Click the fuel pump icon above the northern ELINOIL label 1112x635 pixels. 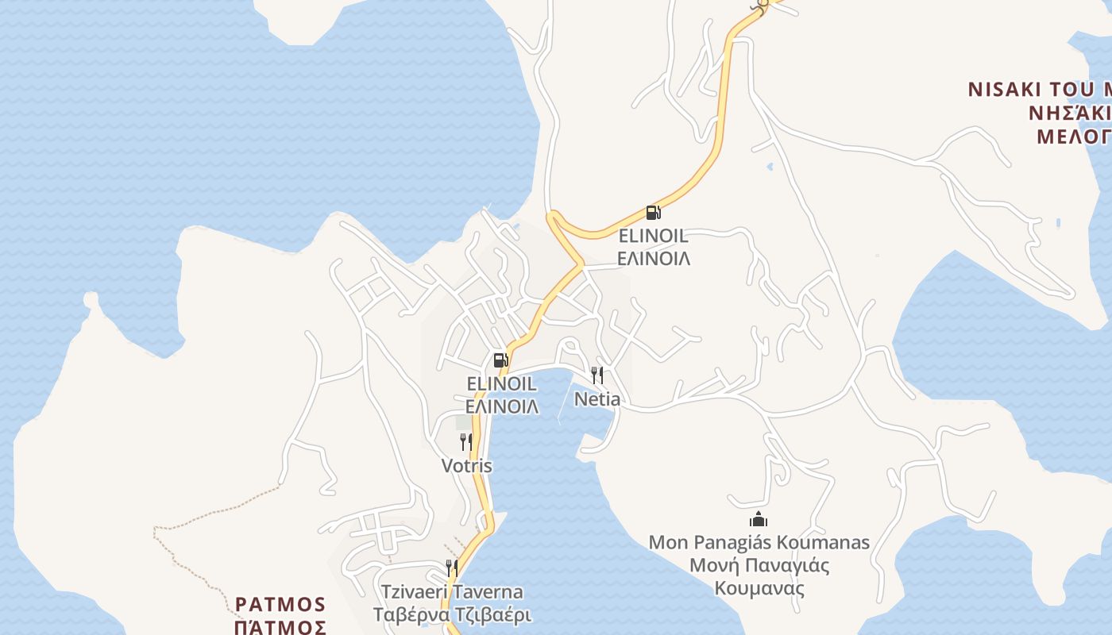coord(653,212)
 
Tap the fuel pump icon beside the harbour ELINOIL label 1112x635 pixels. coord(500,360)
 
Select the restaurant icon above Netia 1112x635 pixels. coord(597,375)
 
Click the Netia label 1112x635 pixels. coord(597,399)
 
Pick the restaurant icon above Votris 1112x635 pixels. coord(466,442)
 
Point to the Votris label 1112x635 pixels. coord(467,466)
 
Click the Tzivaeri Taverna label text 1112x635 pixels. coord(452,592)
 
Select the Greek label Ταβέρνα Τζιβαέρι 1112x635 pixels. coord(452,615)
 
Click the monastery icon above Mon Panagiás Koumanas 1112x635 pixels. coord(759,520)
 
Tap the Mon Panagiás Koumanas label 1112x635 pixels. coord(759,543)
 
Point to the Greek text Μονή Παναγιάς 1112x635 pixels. coord(759,566)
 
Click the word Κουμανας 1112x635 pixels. coord(759,589)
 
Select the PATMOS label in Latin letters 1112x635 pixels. coord(281,604)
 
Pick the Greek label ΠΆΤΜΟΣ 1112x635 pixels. coord(281,627)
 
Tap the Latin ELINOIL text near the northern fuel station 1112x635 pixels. coord(653,236)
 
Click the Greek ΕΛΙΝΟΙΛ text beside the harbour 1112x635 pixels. coord(502,407)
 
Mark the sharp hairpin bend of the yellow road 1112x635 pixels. coord(552,216)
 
